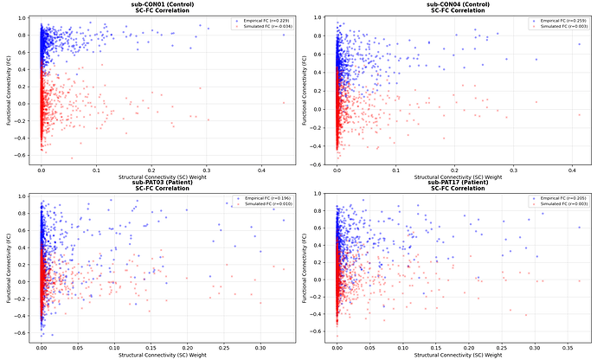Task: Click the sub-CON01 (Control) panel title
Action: tap(160, 4)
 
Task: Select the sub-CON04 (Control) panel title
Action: tap(457, 4)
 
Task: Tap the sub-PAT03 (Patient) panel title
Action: tap(160, 184)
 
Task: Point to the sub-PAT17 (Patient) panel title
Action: tap(457, 184)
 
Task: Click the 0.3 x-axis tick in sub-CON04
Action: tap(514, 170)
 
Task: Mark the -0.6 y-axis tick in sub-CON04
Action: tap(321, 164)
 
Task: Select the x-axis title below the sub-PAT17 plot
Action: tap(457, 356)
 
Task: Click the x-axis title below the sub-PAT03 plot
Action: tap(160, 356)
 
